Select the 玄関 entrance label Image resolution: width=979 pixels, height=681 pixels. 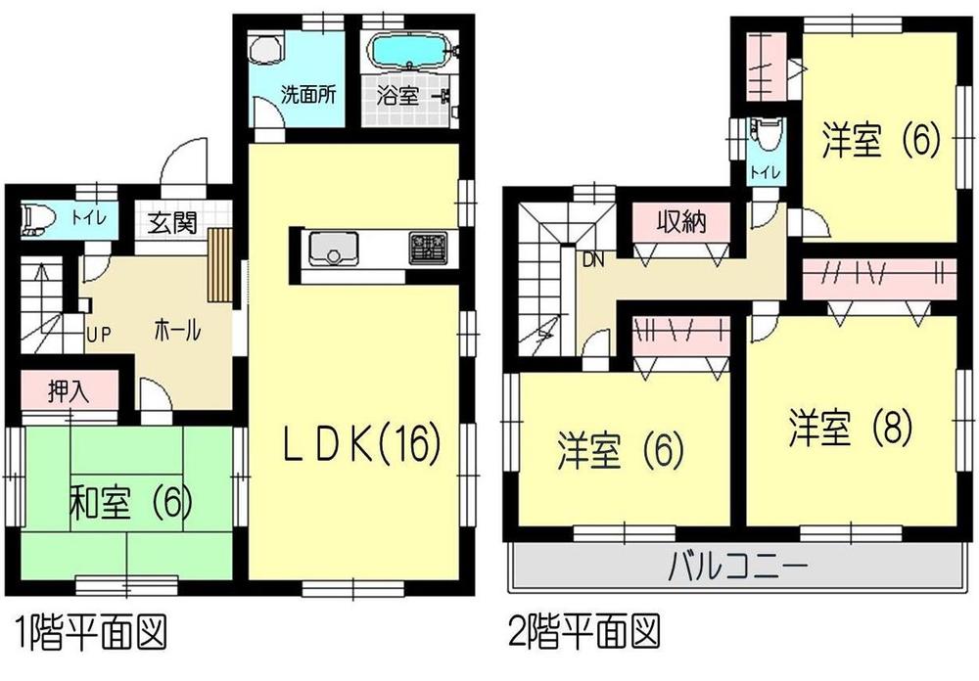click(x=172, y=222)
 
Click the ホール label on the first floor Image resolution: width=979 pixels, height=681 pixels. click(x=177, y=332)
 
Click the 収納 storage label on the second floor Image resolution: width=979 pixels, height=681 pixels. click(x=681, y=222)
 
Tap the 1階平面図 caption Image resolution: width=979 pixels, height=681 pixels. click(x=87, y=626)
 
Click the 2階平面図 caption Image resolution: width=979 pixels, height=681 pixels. click(x=582, y=626)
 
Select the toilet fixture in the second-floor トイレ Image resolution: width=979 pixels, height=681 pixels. click(x=765, y=135)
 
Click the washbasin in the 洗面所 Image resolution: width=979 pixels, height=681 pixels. click(x=265, y=49)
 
